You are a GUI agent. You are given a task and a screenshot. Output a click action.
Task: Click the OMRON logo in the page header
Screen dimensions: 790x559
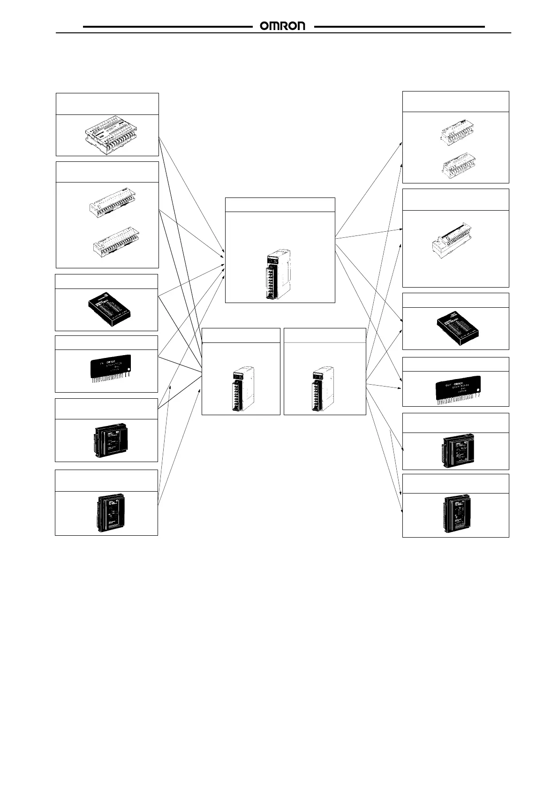pos(282,26)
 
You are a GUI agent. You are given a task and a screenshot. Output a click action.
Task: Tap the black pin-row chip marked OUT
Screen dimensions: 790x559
pos(458,388)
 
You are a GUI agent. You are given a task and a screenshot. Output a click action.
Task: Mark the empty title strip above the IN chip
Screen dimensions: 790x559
pos(106,342)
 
